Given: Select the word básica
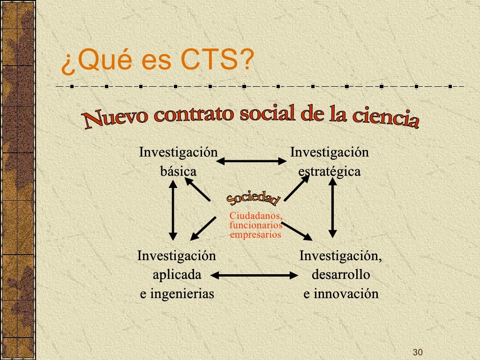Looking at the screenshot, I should pos(178,171).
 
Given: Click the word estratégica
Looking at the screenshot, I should pos(330,171).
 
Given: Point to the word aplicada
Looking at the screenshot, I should pos(177,274).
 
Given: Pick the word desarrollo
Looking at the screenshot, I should pos(341,274).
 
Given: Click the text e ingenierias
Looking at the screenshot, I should pos(177,294).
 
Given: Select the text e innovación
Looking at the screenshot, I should pos(341,294).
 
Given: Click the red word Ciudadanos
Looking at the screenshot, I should pos(255,216).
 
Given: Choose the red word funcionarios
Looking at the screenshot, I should pos(255,225).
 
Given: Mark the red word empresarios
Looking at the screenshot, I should pos(255,234).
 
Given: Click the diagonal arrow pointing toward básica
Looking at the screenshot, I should pos(198,191).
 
